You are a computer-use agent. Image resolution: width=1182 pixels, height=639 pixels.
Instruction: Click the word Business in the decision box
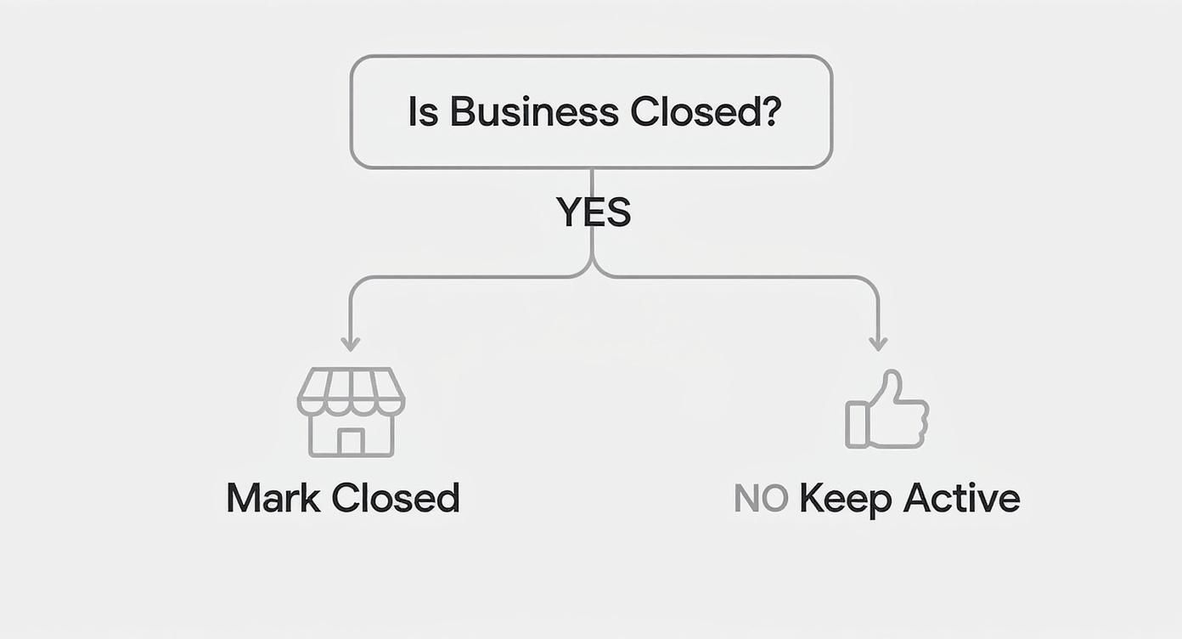coord(533,112)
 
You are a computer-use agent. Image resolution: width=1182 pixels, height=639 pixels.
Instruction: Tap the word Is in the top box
coord(423,112)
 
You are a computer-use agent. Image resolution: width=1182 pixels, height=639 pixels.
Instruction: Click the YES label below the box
coord(594,212)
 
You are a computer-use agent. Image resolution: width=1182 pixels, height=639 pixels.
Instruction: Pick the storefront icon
coord(351,412)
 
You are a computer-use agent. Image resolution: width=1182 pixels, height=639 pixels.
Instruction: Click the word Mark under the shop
coord(271,498)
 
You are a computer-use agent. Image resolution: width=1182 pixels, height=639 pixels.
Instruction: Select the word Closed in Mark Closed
coord(395,498)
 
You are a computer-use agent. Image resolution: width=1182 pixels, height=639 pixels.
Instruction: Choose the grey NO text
coord(761,499)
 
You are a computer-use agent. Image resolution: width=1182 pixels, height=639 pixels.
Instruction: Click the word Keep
coord(844,499)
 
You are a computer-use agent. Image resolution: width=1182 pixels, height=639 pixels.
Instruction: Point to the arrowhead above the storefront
coord(350,344)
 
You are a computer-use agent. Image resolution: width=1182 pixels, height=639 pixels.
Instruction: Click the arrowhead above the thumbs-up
coord(878,344)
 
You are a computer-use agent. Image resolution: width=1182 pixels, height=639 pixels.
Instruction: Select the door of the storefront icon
coord(351,441)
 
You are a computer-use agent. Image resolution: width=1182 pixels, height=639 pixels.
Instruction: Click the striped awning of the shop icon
coord(351,390)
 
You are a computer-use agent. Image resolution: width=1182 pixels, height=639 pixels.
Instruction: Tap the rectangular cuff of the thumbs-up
coord(856,425)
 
